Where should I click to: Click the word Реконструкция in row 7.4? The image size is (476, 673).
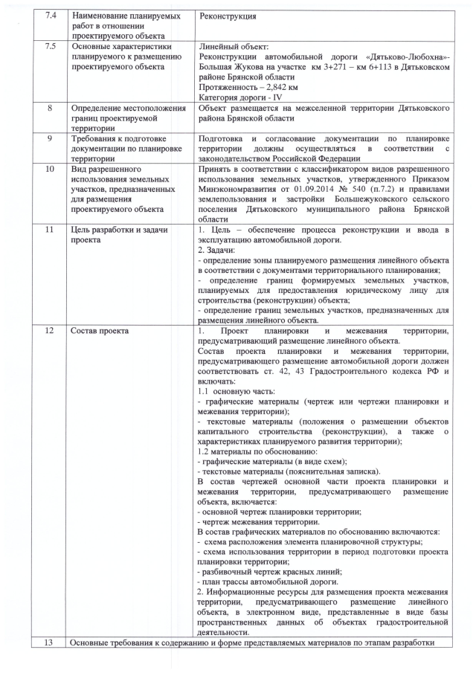click(x=228, y=16)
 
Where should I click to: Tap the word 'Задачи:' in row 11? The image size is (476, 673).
click(x=221, y=251)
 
